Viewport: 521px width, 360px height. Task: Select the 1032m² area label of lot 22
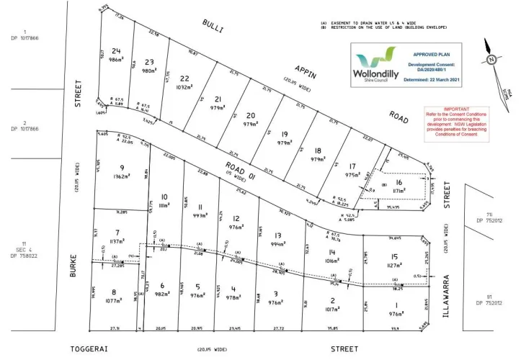[186, 87]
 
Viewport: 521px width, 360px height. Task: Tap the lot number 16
[399, 184]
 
